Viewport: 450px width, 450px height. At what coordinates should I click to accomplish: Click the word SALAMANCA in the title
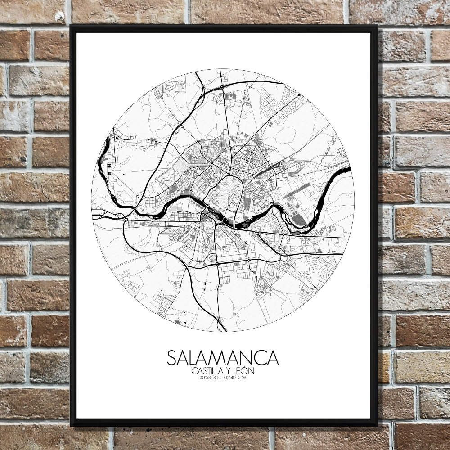click(x=223, y=358)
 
